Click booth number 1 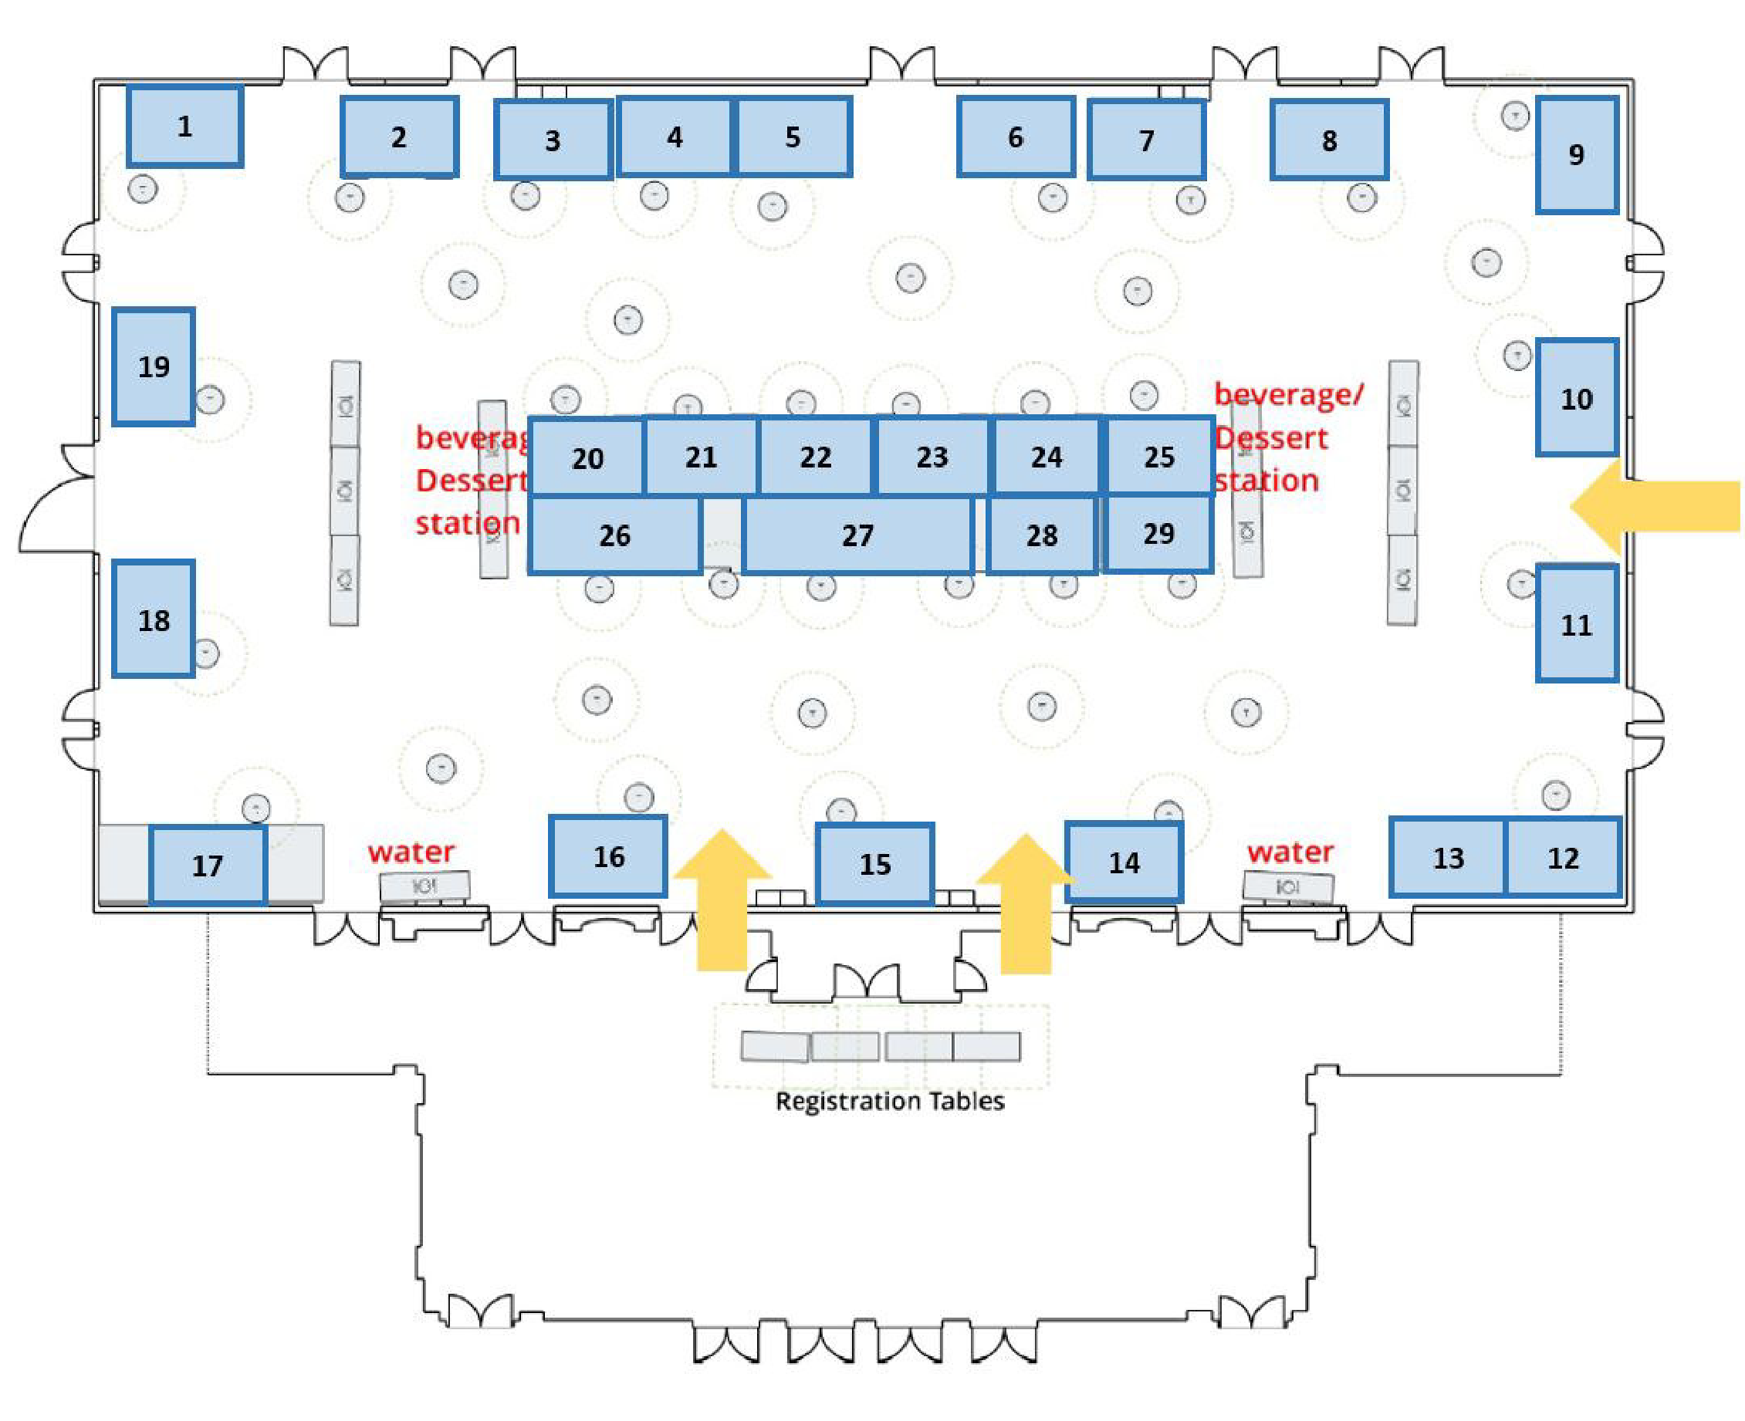click(x=184, y=126)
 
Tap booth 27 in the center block click(x=857, y=535)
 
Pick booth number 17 click(x=207, y=866)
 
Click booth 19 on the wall click(x=153, y=366)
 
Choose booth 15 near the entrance click(x=874, y=863)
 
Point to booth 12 click(x=1562, y=857)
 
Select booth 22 click(x=816, y=456)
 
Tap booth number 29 click(x=1158, y=534)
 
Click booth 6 click(x=1015, y=137)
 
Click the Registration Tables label click(x=889, y=1100)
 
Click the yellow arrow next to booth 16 click(x=722, y=900)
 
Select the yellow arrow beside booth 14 click(x=1025, y=904)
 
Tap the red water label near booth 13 click(x=1290, y=852)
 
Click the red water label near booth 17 click(x=411, y=852)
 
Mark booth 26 click(x=614, y=535)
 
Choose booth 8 click(x=1328, y=140)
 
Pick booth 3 click(x=553, y=140)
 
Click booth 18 click(x=153, y=619)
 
